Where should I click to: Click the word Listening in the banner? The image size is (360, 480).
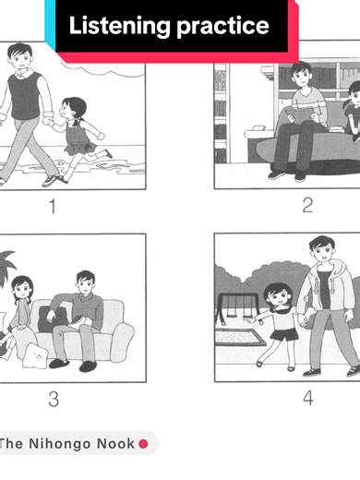(x=118, y=26)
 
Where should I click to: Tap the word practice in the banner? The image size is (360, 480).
(x=222, y=27)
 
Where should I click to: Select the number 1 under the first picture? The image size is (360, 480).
(x=53, y=206)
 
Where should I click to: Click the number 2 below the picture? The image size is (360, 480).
(x=307, y=205)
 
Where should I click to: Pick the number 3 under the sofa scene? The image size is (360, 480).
(x=54, y=399)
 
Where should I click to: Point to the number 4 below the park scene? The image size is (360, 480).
(x=308, y=398)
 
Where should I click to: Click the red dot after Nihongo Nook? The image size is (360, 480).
(x=143, y=444)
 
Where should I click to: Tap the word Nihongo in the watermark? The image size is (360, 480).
(x=60, y=444)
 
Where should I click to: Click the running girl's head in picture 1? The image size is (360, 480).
(x=73, y=108)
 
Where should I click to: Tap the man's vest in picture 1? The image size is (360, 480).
(x=25, y=96)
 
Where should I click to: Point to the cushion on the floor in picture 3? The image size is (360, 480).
(x=36, y=355)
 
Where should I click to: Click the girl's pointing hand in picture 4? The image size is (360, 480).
(x=250, y=321)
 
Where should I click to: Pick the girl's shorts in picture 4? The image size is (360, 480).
(x=284, y=334)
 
